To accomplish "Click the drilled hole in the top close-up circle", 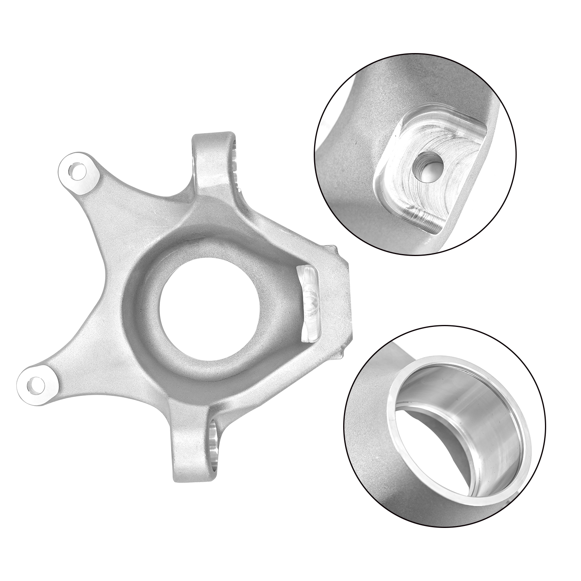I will coord(428,164).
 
